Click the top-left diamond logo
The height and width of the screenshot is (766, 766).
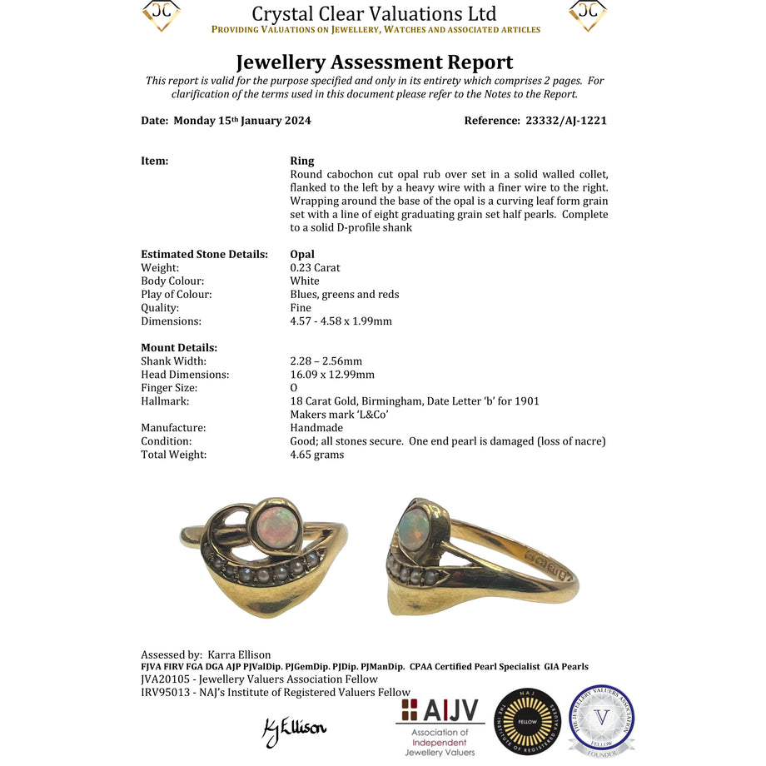pos(162,15)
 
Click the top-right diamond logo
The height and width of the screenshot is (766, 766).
pos(587,15)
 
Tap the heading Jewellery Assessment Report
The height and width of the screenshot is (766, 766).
pos(375,62)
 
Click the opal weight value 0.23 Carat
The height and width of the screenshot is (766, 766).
pos(315,268)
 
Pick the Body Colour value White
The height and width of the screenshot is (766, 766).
pos(305,281)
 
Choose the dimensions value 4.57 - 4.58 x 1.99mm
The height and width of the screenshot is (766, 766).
pos(341,321)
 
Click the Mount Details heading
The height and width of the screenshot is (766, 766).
pos(179,348)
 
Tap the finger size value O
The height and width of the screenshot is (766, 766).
pos(294,388)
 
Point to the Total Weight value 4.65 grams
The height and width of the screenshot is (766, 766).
pos(316,455)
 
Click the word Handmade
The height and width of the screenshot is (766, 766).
pos(316,428)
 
